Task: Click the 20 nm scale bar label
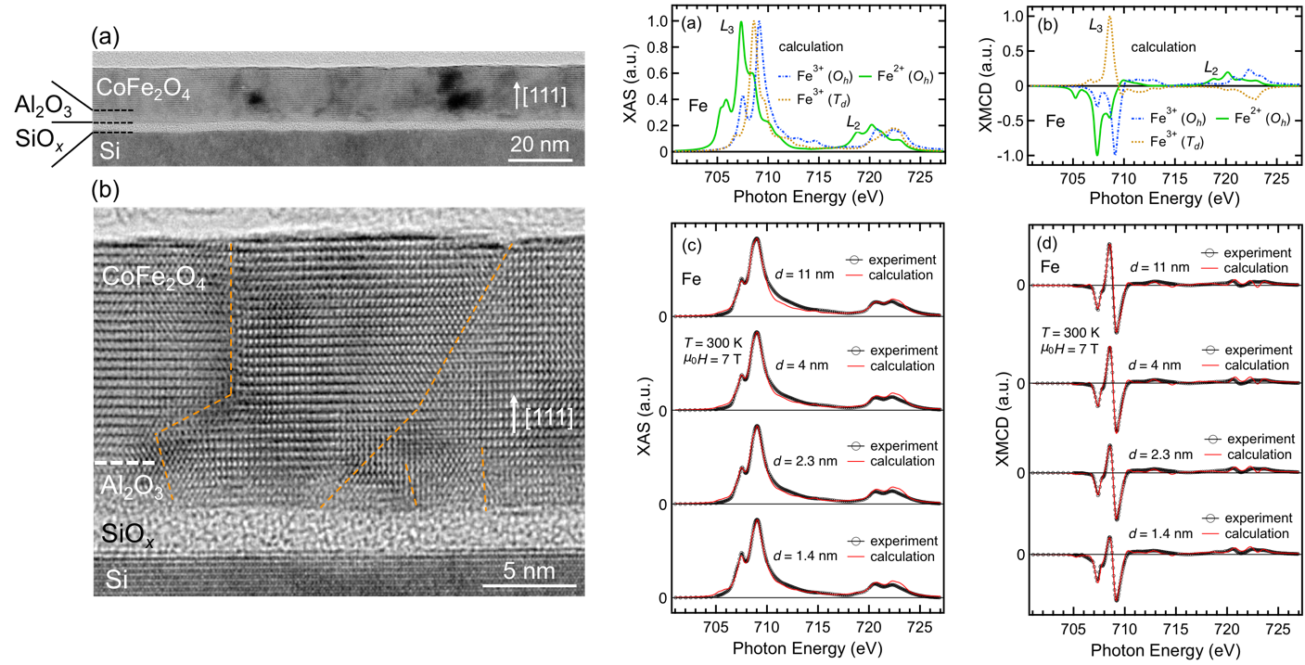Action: coord(540,144)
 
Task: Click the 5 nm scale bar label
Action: coord(529,570)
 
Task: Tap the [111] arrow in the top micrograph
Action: coord(517,96)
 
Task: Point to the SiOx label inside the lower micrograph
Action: coord(128,534)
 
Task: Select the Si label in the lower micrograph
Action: coord(116,580)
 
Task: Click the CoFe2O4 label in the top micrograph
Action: coord(143,89)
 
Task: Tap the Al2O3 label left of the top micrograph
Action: coord(43,107)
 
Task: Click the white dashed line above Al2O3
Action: coord(124,463)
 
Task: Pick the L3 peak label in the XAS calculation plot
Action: coord(726,27)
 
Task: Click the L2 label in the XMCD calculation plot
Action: coord(1211,69)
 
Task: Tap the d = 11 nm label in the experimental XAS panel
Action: coord(804,274)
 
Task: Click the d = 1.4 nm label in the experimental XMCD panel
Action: coord(1160,533)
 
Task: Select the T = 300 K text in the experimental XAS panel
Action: coord(713,342)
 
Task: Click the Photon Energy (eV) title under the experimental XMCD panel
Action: coord(1165,650)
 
